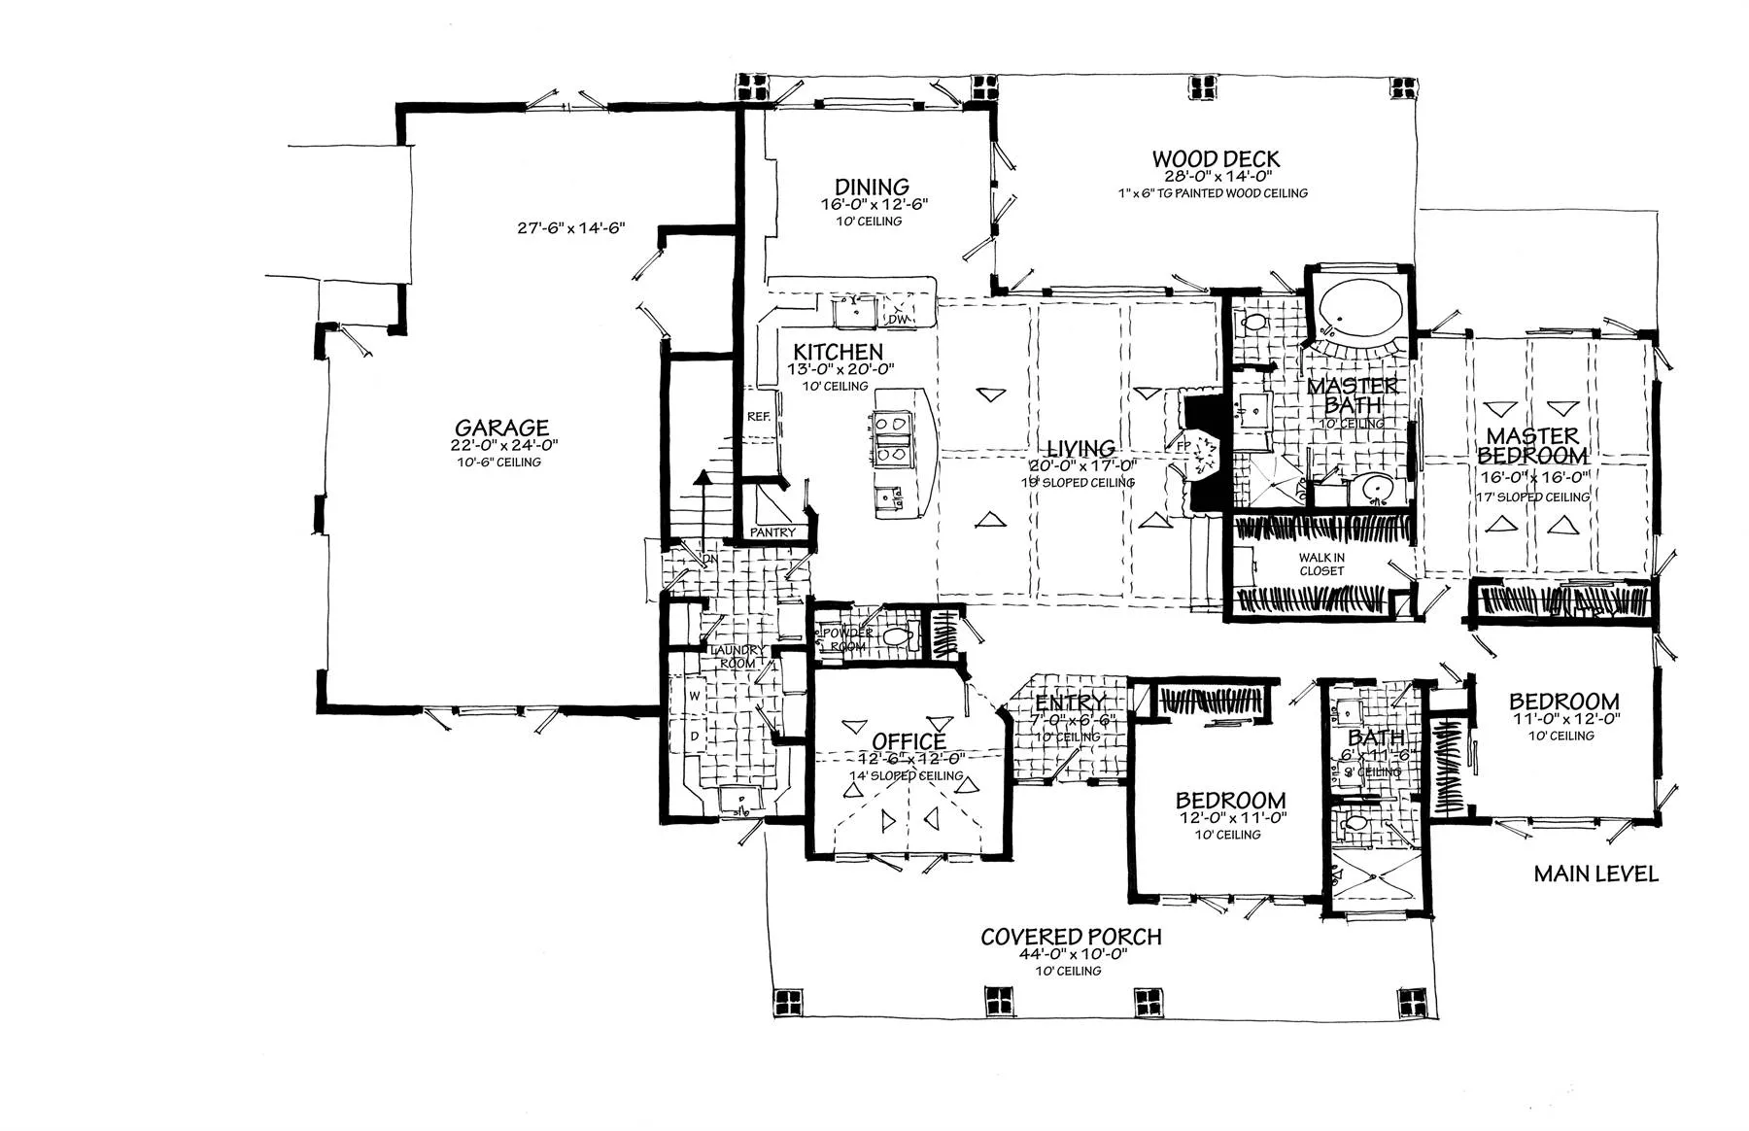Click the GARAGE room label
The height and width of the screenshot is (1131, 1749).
[x=501, y=428]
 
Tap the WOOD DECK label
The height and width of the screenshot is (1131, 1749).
[x=1216, y=158]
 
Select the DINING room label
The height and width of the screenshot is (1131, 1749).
[x=872, y=187]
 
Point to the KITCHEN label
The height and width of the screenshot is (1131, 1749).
[x=838, y=352]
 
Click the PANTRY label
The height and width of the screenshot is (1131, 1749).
[x=772, y=532]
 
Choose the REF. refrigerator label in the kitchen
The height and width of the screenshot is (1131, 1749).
[x=758, y=416]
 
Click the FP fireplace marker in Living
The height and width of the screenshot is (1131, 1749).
[x=1183, y=446]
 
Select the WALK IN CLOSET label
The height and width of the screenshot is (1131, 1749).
[x=1321, y=564]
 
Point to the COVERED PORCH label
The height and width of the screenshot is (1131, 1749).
[x=1071, y=937]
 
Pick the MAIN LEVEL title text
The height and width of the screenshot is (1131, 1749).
[x=1595, y=874]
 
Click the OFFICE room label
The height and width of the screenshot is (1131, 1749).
[x=909, y=742]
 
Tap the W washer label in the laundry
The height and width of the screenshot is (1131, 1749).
[x=695, y=697]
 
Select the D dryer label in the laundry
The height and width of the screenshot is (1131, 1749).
[x=695, y=736]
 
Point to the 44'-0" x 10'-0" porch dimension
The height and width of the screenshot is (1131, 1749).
[x=1071, y=954]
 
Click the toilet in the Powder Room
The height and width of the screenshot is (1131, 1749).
[x=897, y=637]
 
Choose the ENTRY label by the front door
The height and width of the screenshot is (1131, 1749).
[x=1070, y=703]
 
